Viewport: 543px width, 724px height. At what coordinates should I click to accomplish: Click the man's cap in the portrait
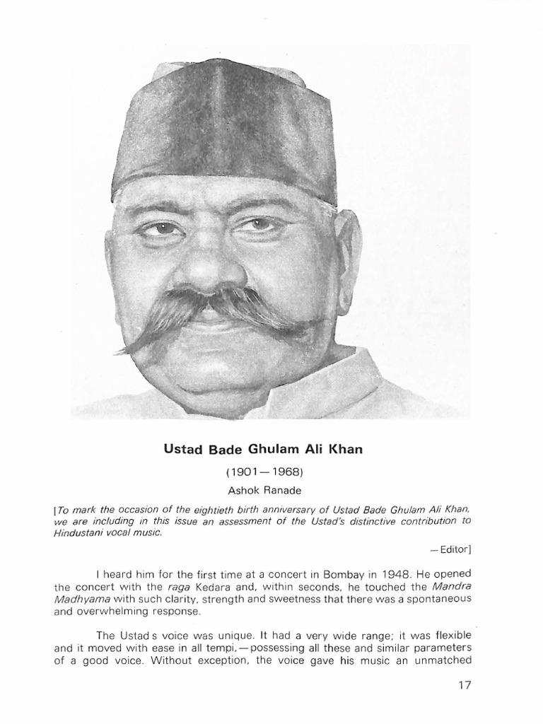223,127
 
